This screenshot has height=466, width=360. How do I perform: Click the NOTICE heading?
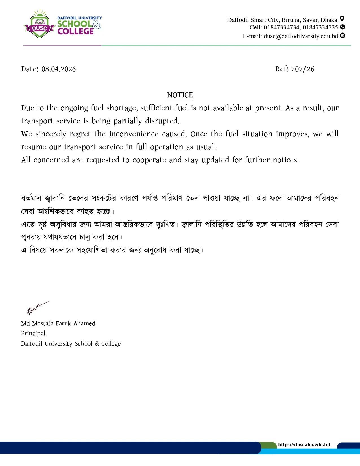click(x=180, y=95)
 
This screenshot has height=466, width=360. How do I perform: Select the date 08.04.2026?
click(x=58, y=69)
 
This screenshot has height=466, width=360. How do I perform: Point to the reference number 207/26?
click(x=303, y=69)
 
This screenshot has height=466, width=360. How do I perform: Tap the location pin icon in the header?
click(x=342, y=19)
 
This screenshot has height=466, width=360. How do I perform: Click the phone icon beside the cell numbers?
click(x=342, y=27)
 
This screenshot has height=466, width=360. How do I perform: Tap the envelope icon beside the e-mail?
click(x=342, y=36)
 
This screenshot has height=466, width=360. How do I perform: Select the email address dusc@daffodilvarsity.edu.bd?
click(x=301, y=36)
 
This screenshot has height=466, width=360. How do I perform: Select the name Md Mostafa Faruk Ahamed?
click(x=58, y=323)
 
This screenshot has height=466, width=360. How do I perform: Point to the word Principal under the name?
click(x=33, y=333)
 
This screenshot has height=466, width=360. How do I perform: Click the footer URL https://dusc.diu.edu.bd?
click(x=304, y=445)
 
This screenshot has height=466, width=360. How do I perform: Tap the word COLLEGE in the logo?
click(x=75, y=31)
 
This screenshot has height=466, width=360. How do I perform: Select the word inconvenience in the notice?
click(x=134, y=134)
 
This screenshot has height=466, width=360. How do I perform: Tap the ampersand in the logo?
click(x=97, y=25)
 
